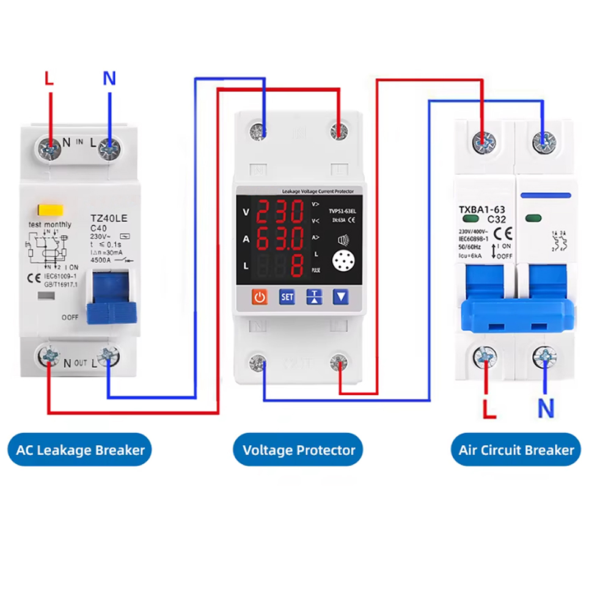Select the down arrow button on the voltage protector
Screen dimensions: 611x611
tap(340, 298)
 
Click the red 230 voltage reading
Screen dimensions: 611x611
tap(279, 212)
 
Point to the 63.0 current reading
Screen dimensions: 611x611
tap(279, 239)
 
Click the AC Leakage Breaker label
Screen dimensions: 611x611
tap(80, 450)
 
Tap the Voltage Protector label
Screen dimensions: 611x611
tap(299, 450)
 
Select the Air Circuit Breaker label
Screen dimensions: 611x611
tap(516, 450)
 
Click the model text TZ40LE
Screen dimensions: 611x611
tap(108, 218)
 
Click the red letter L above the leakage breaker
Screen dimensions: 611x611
tap(49, 78)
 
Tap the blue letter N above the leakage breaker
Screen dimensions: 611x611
tap(109, 78)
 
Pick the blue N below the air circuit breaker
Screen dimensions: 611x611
tap(546, 408)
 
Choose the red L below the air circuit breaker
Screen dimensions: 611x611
tap(489, 408)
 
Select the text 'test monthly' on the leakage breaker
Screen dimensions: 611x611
tap(49, 224)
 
